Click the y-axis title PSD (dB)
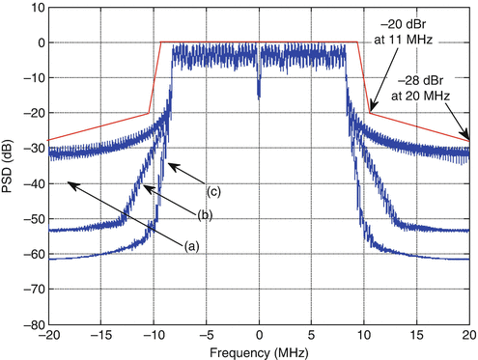11,166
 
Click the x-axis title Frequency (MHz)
258,350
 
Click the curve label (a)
191,245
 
